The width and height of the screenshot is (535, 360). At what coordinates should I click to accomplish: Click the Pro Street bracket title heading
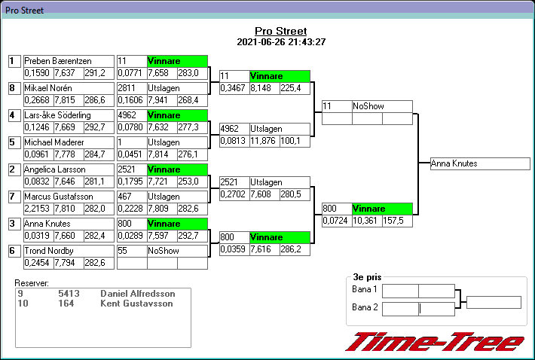point(280,31)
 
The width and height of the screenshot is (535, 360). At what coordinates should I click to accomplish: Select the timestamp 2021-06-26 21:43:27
point(280,41)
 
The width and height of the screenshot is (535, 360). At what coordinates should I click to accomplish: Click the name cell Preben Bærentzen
point(68,61)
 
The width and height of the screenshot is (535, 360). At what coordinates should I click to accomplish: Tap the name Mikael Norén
point(68,88)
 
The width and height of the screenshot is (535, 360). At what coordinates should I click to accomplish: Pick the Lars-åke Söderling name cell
point(68,115)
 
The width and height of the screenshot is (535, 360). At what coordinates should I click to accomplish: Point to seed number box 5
point(13,142)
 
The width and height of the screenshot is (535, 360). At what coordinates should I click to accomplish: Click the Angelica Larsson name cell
point(68,169)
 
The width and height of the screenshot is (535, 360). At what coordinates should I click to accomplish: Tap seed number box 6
point(13,251)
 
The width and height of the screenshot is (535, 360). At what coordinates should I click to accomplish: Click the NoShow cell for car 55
point(176,251)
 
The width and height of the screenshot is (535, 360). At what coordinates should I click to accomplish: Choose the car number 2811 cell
point(131,88)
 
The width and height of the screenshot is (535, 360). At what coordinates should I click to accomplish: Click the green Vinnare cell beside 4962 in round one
point(176,115)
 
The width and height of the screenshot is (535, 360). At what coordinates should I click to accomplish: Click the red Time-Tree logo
point(435,341)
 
